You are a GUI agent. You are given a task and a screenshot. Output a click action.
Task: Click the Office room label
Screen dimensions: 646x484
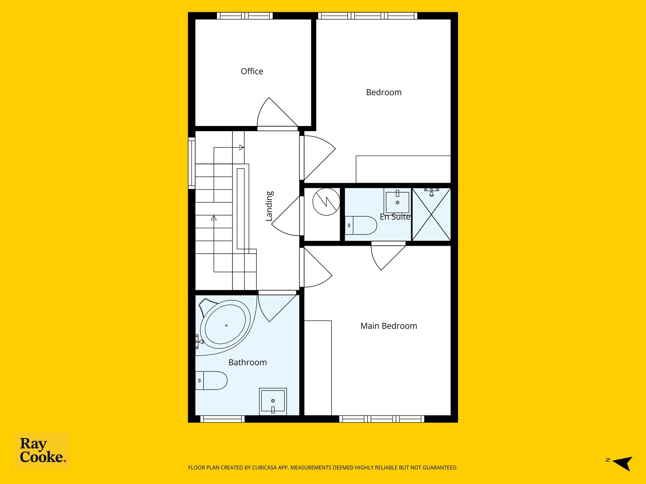coord(252,72)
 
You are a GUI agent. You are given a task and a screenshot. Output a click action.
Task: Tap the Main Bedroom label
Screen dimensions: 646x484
coord(389,326)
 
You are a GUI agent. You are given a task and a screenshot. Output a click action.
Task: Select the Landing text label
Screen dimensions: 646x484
coord(269,206)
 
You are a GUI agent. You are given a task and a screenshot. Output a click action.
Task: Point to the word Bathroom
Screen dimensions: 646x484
coord(248,362)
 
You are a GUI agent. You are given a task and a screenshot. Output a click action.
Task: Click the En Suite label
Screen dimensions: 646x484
coord(395,217)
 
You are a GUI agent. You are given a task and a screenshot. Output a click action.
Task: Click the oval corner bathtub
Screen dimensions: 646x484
coord(226,325)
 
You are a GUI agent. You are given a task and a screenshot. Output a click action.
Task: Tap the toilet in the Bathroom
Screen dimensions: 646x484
coord(211,380)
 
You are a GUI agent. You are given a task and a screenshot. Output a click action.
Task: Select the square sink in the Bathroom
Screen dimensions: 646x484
coord(273,401)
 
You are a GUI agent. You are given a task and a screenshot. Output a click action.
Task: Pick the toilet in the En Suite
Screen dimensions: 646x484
coord(361,225)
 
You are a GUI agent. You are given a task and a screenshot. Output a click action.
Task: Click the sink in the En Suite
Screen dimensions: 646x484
coord(397,201)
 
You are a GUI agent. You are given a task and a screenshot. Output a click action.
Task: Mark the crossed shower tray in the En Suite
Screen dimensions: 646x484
coord(431,214)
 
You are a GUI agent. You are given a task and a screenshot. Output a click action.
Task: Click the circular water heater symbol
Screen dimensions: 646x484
coord(326,202)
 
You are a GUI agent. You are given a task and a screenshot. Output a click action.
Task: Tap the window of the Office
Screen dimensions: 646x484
coord(245,16)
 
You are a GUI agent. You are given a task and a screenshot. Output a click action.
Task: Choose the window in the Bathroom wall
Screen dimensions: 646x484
coord(222,419)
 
